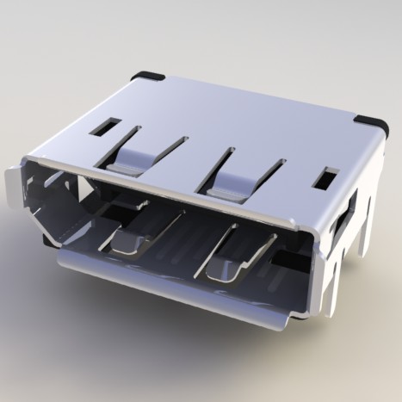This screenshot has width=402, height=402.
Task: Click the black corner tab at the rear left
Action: tap(147, 76)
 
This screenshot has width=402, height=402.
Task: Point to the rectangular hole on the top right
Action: tap(327, 179)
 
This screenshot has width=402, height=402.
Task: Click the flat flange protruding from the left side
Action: tap(11, 184)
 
